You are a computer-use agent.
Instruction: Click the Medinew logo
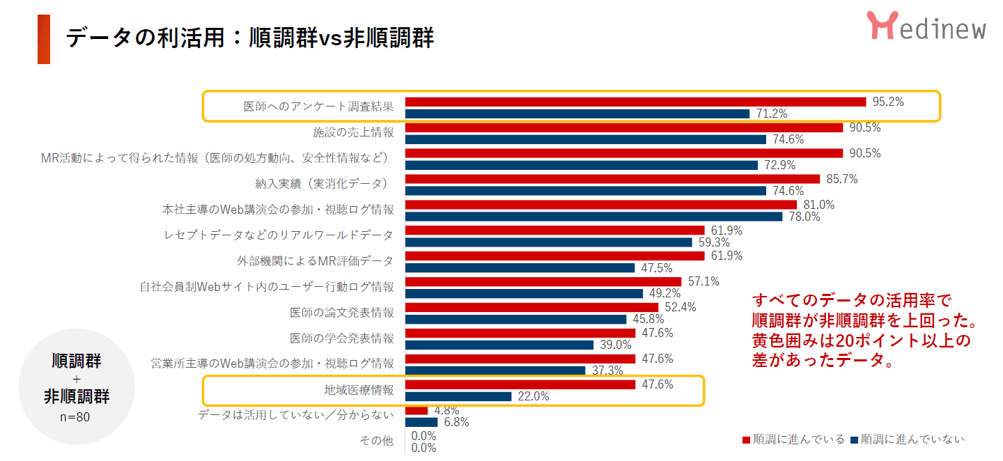926,26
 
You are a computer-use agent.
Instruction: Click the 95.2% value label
888,102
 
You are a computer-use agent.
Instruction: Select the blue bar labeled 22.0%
458,396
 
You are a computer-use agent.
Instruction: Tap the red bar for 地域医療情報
520,384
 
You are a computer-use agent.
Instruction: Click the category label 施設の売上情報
353,132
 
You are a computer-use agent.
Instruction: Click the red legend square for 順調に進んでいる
746,439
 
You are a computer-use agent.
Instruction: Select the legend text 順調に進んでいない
912,439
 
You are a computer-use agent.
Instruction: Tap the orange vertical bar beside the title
44,39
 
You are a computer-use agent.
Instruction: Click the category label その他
377,441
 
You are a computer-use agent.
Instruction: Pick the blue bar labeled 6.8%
421,422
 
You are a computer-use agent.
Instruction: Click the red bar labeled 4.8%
416,410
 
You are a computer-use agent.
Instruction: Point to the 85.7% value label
841,179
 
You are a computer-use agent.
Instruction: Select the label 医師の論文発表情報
342,312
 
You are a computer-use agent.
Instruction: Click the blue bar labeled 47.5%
520,268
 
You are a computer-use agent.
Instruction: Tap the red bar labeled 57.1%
543,281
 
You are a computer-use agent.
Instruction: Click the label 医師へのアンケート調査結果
318,107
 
